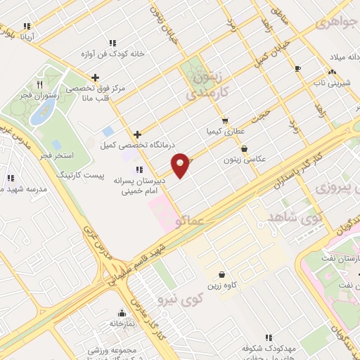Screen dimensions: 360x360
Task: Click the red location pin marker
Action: [181, 165]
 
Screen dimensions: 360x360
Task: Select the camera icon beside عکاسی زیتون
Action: [244, 148]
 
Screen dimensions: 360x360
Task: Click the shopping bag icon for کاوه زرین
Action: [222, 274]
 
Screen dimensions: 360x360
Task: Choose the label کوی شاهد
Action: [289, 221]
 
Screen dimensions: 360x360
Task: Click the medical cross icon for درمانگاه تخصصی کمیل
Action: [137, 134]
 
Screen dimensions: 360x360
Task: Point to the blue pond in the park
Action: [39, 117]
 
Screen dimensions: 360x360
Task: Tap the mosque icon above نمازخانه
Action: [122, 313]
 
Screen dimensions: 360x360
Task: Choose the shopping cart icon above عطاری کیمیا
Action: [225, 120]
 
